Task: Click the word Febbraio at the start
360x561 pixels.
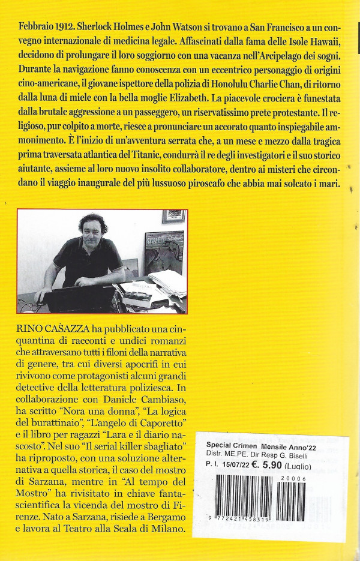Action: point(37,29)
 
